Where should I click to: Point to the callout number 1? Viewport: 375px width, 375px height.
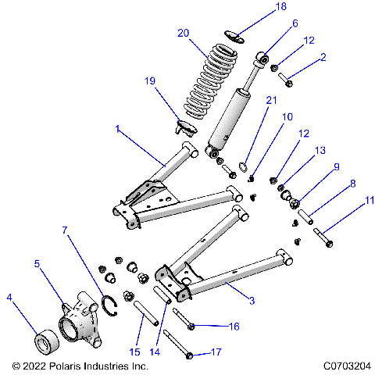[118, 130]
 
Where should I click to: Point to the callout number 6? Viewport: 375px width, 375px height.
[273, 24]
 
